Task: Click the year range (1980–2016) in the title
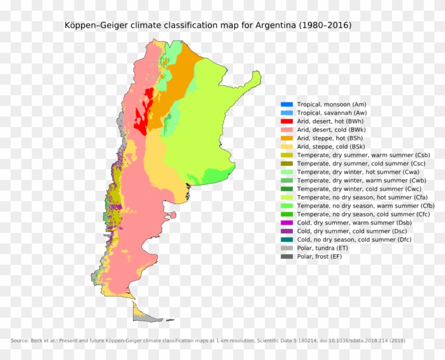pyautogui.click(x=325, y=25)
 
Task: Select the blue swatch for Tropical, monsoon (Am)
pyautogui.click(x=287, y=104)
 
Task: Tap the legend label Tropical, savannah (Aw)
pyautogui.click(x=332, y=113)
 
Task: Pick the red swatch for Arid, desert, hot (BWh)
pyautogui.click(x=287, y=121)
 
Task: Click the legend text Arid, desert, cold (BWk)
pyautogui.click(x=331, y=130)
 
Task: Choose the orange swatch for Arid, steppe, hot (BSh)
pyautogui.click(x=287, y=138)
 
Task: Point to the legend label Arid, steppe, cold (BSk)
pyautogui.click(x=331, y=147)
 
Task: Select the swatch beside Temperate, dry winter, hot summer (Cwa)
pyautogui.click(x=287, y=172)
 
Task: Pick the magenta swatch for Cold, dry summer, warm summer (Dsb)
pyautogui.click(x=287, y=222)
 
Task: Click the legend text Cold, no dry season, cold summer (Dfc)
pyautogui.click(x=354, y=239)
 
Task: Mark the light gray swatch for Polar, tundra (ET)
pyautogui.click(x=287, y=248)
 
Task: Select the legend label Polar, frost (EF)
pyautogui.click(x=319, y=256)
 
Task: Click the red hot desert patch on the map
pyautogui.click(x=141, y=119)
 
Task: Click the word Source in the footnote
pyautogui.click(x=19, y=340)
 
